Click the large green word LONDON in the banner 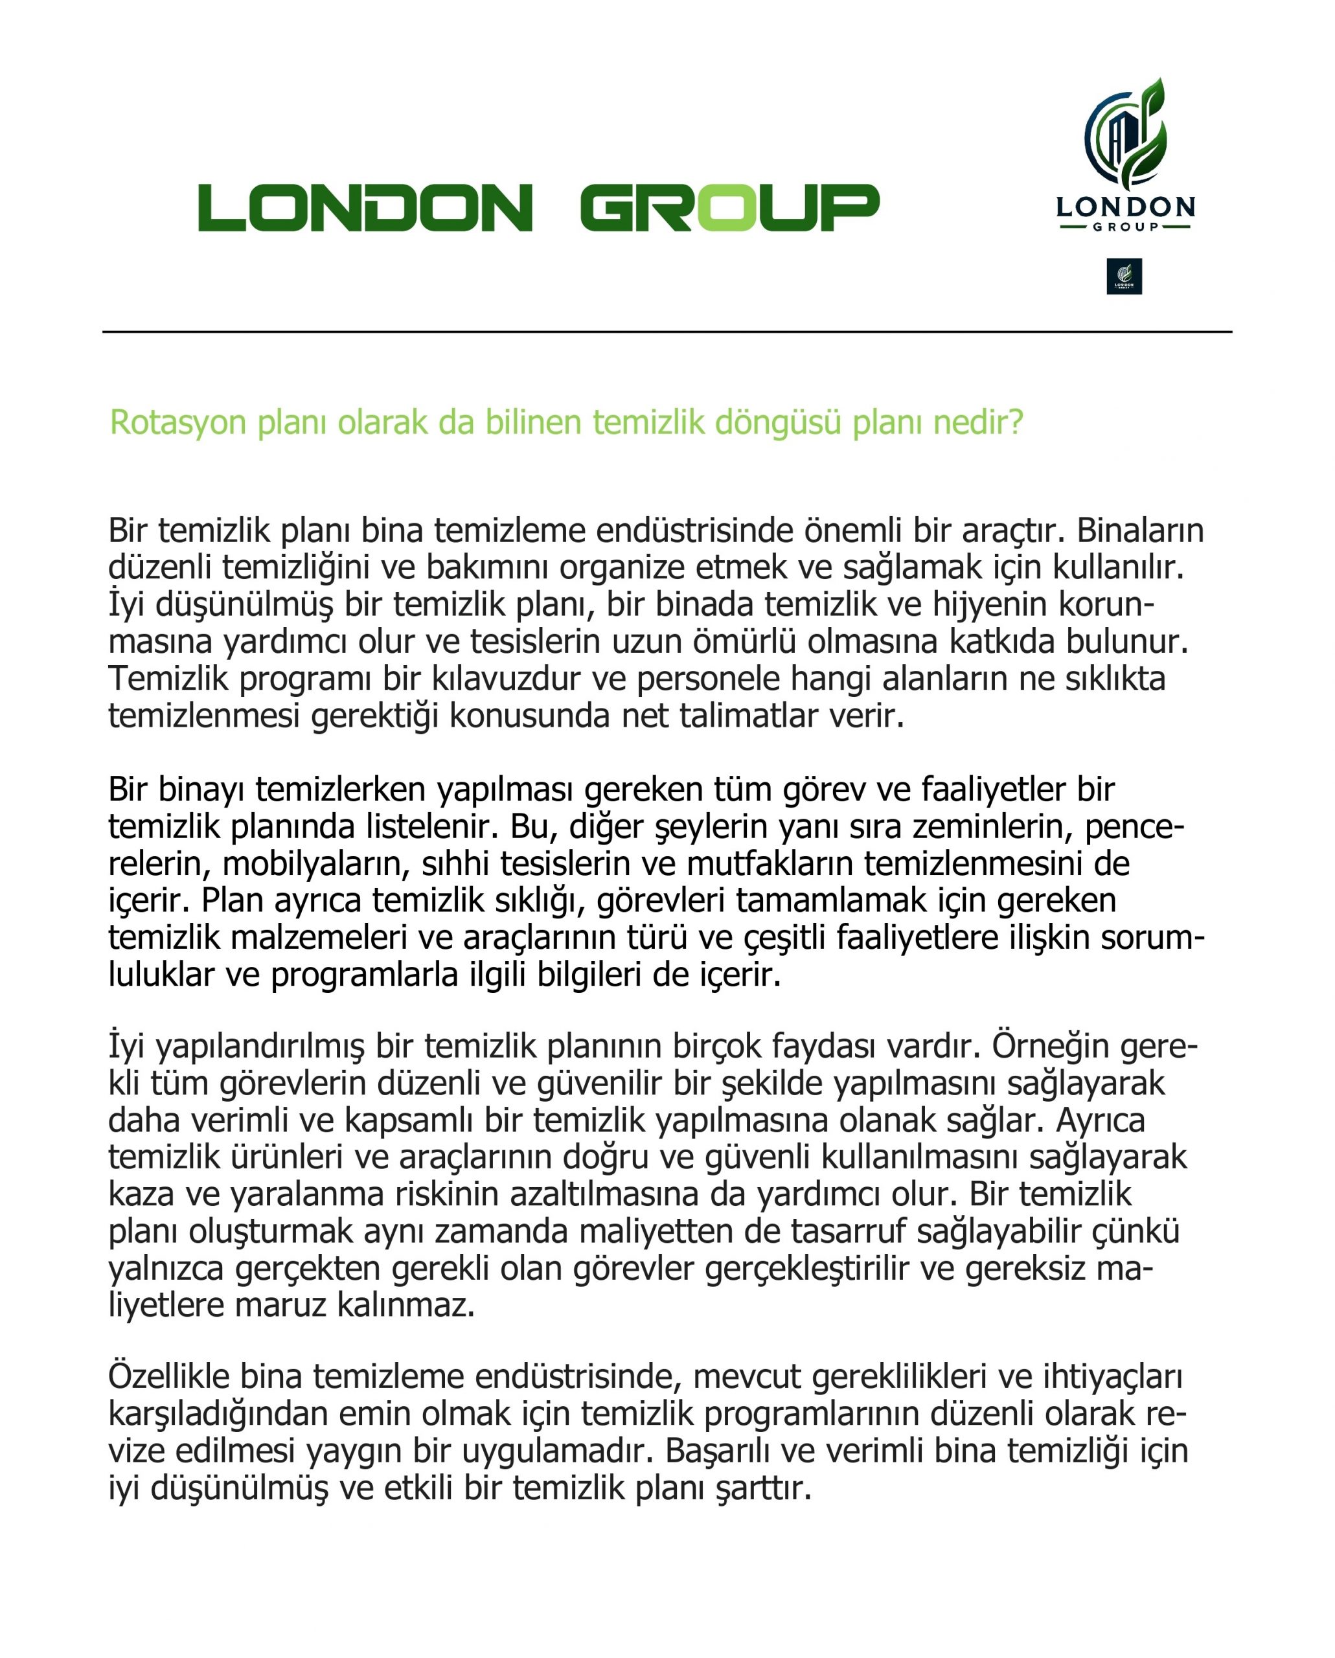(x=365, y=208)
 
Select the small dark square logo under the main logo (x=1124, y=276)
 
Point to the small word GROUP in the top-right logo (x=1125, y=227)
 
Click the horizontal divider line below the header (x=667, y=332)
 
